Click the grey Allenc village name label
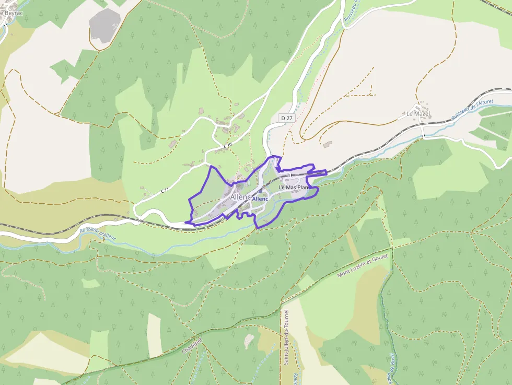[x=240, y=197]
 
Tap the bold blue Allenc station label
[x=260, y=199]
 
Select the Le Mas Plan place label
[x=294, y=187]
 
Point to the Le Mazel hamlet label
[x=417, y=113]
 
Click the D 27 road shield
[x=286, y=118]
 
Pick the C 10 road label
[x=227, y=145]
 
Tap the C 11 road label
[x=165, y=191]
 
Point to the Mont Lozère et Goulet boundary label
[x=364, y=266]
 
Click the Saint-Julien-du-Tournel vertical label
[x=286, y=337]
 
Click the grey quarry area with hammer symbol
[x=104, y=25]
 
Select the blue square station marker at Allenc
[x=260, y=192]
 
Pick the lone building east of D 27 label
[x=328, y=143]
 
